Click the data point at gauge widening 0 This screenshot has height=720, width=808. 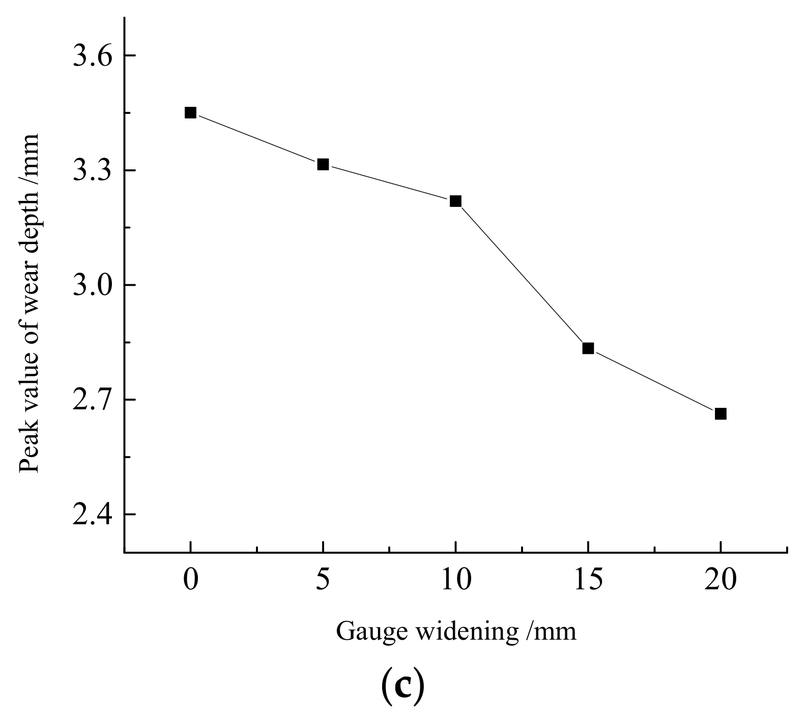[190, 112]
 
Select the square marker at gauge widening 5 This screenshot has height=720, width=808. [323, 164]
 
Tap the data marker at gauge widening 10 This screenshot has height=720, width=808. [455, 201]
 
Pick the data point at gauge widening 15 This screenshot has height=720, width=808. [588, 348]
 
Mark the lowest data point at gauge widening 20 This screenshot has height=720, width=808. [720, 413]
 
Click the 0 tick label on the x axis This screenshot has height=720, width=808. [190, 580]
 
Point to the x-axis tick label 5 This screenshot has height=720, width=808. [323, 580]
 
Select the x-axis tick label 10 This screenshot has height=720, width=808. [455, 580]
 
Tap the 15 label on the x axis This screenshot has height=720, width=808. [588, 580]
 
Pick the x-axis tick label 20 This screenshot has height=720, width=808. [720, 580]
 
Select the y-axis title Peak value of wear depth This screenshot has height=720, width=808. [30, 303]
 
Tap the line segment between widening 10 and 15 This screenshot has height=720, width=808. [522, 275]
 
